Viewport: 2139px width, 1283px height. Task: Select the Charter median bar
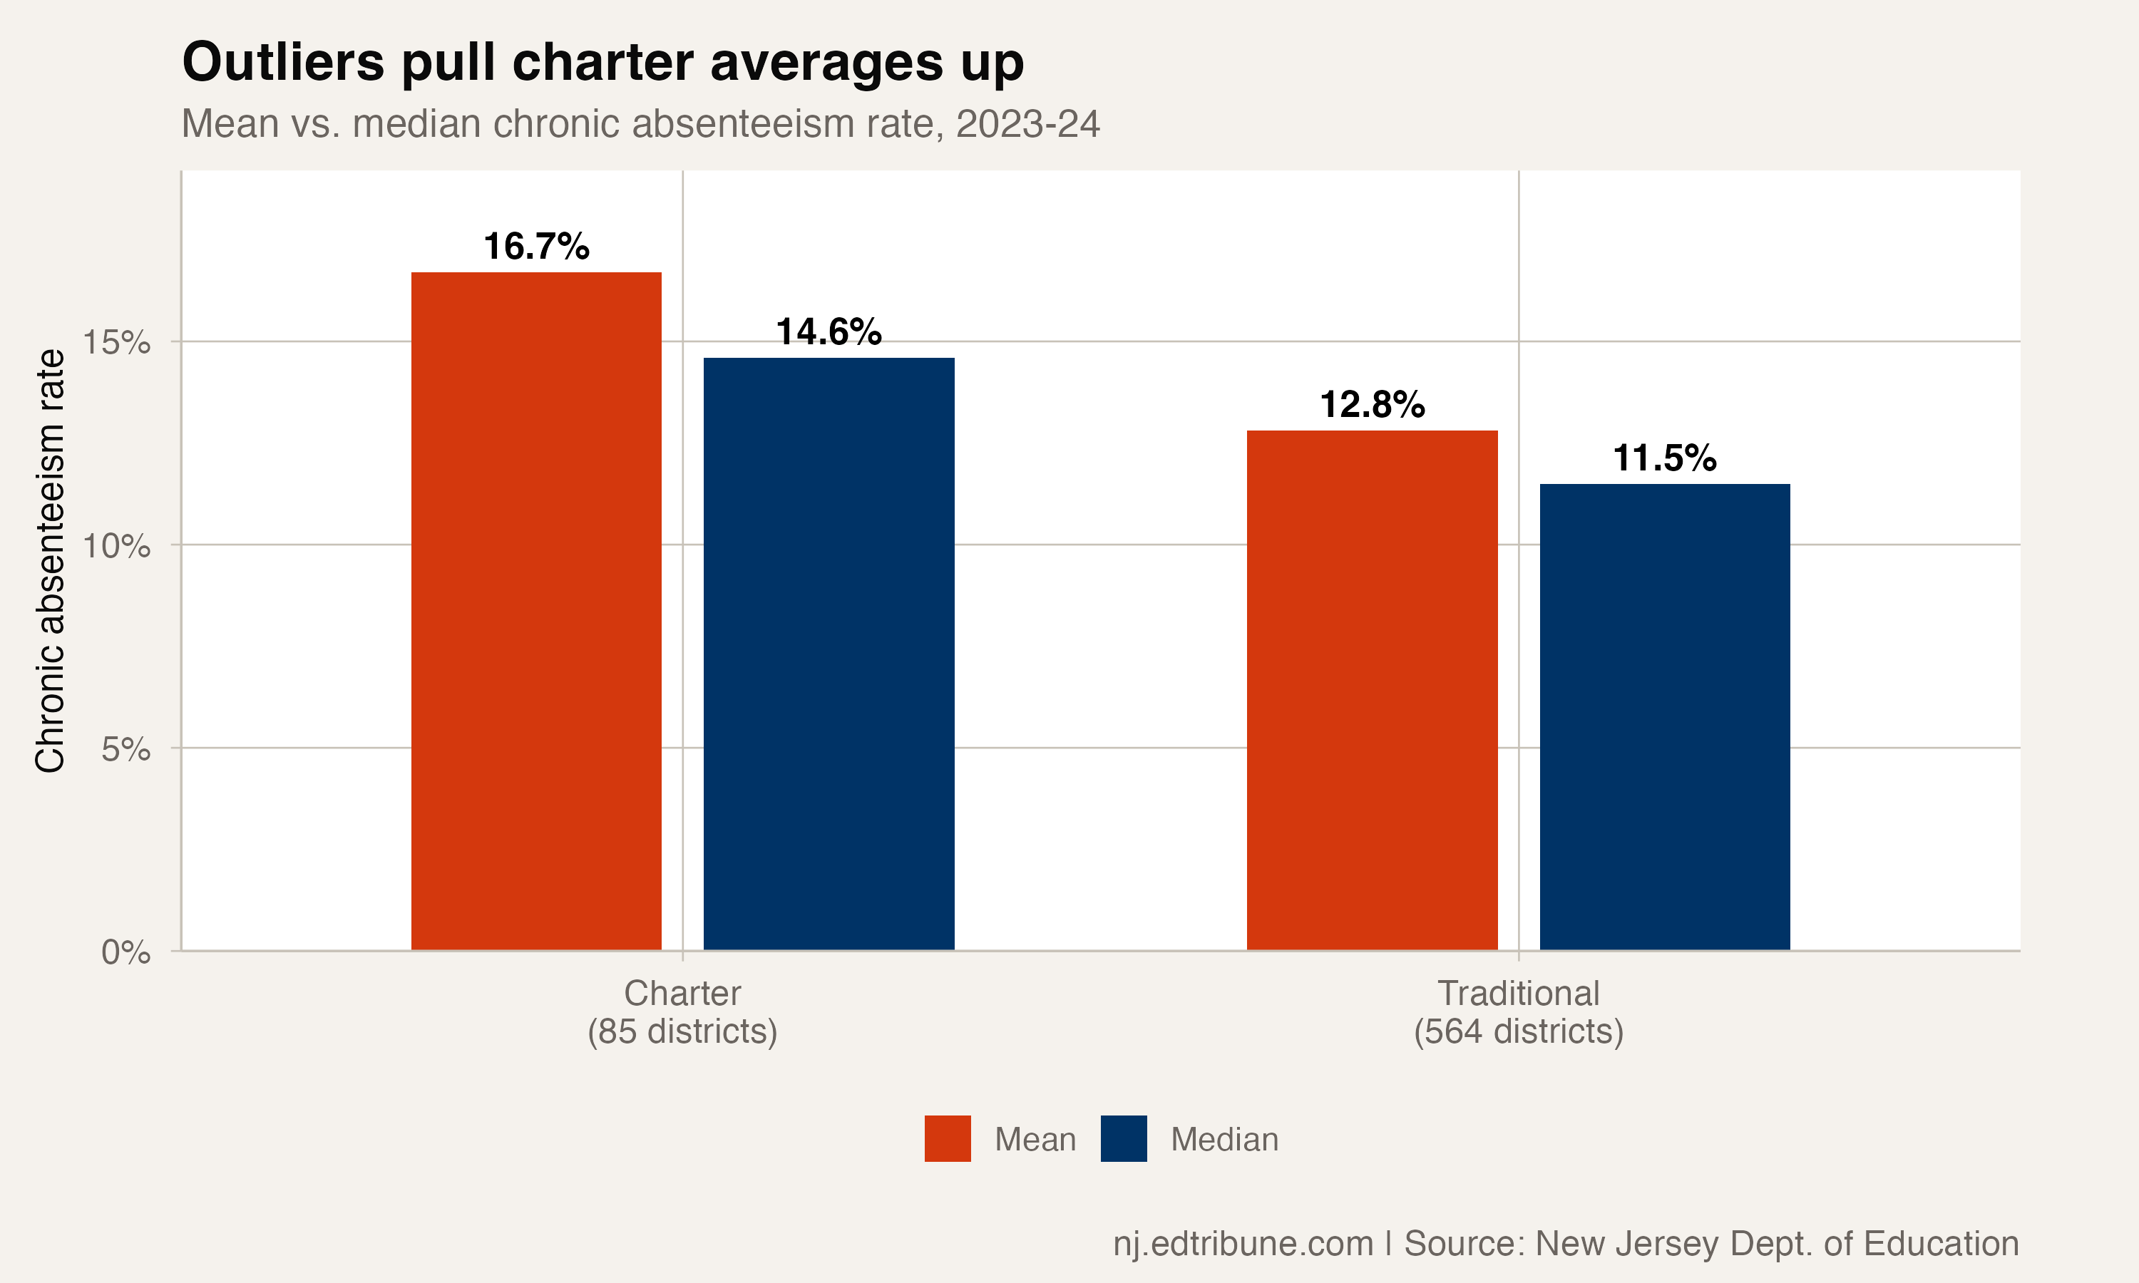[829, 654]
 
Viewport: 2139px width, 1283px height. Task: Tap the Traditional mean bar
[1371, 690]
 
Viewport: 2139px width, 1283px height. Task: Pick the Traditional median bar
[1664, 717]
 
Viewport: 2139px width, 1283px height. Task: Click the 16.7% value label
[536, 247]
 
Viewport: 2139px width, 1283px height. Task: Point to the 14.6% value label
[829, 332]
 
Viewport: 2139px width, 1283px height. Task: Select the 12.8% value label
[1371, 405]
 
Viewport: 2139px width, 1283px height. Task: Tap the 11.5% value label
[1664, 458]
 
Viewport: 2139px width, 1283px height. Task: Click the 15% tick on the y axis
[117, 342]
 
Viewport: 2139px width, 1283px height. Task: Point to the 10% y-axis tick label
[117, 545]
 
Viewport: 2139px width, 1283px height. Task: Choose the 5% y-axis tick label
[125, 748]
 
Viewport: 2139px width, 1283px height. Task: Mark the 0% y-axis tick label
[125, 952]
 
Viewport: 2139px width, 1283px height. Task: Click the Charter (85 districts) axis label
[682, 1012]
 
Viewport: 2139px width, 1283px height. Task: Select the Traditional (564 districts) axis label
[1518, 1012]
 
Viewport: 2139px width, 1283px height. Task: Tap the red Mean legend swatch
[948, 1138]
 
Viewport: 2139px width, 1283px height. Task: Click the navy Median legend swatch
[1123, 1138]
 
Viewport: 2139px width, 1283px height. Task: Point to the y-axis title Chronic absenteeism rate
[50, 560]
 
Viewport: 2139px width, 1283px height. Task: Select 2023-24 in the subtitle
[1027, 123]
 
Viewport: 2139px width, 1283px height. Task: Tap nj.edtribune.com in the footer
[1243, 1243]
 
